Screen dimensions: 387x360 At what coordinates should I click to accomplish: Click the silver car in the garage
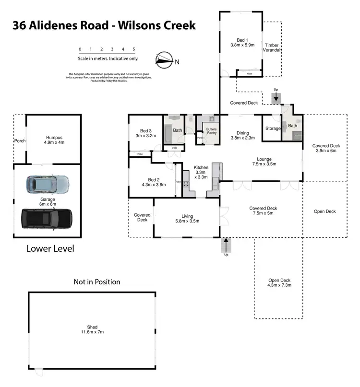(x=48, y=183)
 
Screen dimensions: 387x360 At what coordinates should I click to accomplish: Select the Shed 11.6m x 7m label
(x=92, y=329)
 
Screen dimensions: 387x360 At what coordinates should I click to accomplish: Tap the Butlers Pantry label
(x=212, y=131)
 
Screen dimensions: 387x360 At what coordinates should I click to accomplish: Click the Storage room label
(x=273, y=129)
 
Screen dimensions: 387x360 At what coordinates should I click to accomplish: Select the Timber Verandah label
(x=272, y=47)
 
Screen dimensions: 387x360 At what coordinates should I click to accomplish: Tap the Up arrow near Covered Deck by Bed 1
(x=276, y=97)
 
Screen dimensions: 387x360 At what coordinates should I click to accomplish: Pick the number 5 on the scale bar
(x=134, y=49)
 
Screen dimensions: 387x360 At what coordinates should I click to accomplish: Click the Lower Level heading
(x=50, y=249)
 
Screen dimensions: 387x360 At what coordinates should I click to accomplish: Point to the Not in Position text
(x=96, y=282)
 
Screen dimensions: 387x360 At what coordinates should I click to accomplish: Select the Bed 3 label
(x=146, y=133)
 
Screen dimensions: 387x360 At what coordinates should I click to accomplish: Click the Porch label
(x=20, y=141)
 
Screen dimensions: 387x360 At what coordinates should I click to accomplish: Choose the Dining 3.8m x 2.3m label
(x=242, y=135)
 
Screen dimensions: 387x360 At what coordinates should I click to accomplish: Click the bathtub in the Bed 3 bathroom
(x=168, y=134)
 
